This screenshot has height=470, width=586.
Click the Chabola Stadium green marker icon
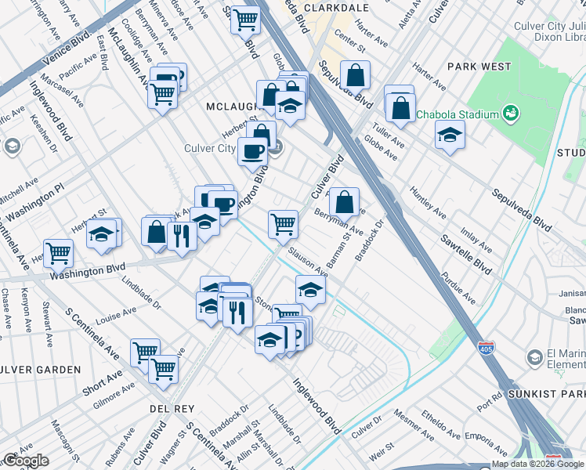click(512, 114)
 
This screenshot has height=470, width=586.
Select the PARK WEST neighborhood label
click(479, 67)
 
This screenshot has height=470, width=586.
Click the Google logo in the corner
click(26, 461)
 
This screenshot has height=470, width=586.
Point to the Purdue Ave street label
click(458, 287)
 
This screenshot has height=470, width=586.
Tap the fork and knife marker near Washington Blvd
click(182, 234)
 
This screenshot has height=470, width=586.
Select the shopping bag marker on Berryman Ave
click(344, 201)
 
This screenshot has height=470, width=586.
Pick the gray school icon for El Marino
click(534, 358)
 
